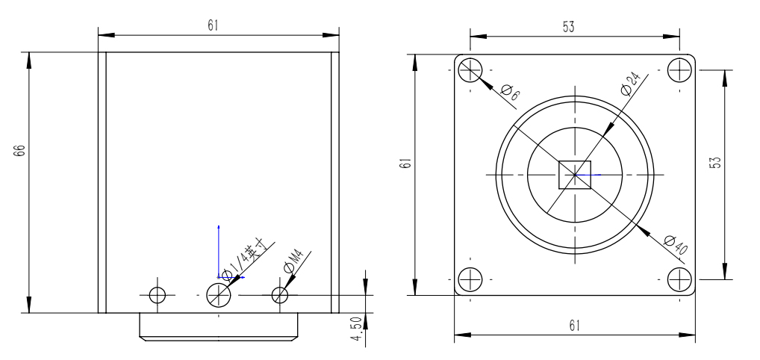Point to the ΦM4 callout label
(x=293, y=261)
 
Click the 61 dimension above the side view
(x=214, y=25)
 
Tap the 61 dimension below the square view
(x=574, y=327)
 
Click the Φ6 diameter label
(x=511, y=94)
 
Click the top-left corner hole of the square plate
(x=470, y=70)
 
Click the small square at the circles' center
(x=575, y=175)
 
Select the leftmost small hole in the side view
(x=157, y=294)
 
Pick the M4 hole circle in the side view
(x=280, y=294)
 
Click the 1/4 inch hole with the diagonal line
(x=218, y=294)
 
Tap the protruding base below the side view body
(x=219, y=326)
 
